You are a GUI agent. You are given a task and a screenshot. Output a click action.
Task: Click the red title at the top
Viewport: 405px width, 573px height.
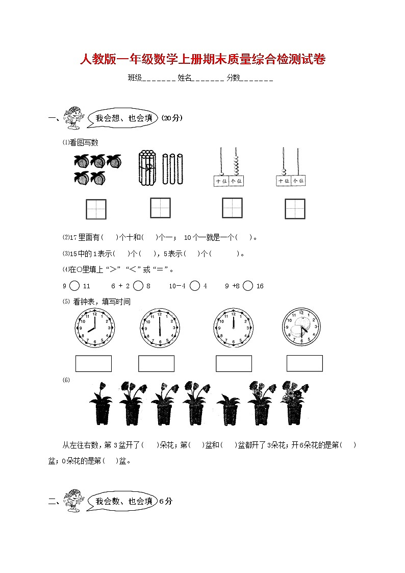coord(202,60)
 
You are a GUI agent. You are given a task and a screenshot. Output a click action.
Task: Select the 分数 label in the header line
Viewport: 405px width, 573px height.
coord(233,78)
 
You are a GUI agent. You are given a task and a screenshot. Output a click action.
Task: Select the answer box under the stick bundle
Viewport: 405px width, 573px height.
coord(160,208)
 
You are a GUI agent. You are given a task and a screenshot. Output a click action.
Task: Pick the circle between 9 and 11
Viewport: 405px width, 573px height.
coord(74,286)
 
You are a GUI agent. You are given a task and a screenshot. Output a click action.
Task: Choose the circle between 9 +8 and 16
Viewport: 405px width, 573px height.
coord(248,286)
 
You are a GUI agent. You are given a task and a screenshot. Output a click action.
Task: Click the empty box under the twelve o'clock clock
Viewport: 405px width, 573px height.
coord(234,363)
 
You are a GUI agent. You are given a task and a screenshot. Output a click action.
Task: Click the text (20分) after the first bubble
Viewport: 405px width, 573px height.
coord(172,118)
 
